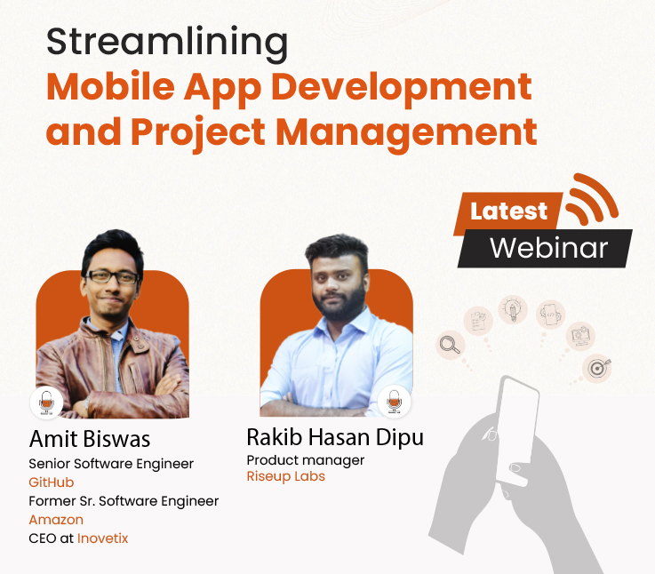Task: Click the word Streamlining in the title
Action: (167, 44)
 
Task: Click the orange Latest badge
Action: (509, 211)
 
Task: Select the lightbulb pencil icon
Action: (514, 311)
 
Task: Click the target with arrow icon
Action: (597, 366)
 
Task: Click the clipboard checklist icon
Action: (478, 320)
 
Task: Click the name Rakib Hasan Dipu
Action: (335, 437)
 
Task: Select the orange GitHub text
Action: (52, 482)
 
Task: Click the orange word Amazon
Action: (56, 520)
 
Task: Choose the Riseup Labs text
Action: (285, 476)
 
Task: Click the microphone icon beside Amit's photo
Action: (46, 403)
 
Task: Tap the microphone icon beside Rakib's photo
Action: (394, 402)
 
